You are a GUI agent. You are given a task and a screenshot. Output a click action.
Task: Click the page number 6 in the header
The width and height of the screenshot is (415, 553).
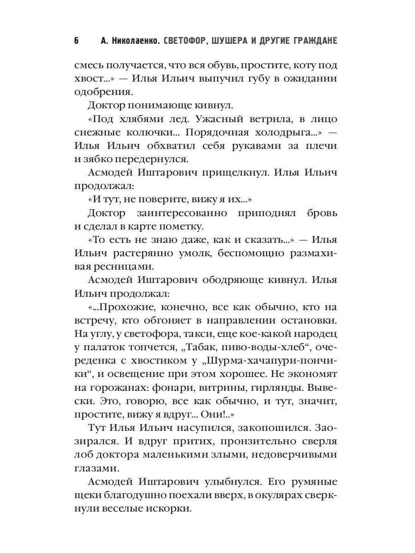click(x=77, y=41)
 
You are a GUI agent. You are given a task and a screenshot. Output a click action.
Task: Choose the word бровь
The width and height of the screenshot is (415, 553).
click(x=322, y=213)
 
